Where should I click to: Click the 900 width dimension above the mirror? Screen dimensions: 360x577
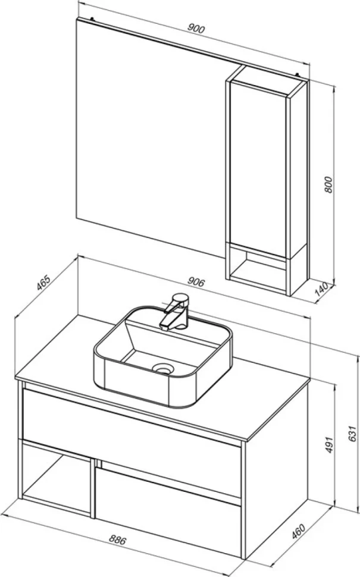point(196,29)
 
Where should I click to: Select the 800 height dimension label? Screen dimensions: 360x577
point(328,185)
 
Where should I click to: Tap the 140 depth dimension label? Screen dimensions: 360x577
point(322,290)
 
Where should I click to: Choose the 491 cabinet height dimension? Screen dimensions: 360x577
point(329,445)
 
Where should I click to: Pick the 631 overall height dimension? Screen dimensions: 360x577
point(352,434)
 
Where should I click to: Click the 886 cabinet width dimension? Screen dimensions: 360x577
point(117,540)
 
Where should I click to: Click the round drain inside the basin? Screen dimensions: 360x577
point(162,368)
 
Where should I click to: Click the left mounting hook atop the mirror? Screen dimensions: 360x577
point(92,18)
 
